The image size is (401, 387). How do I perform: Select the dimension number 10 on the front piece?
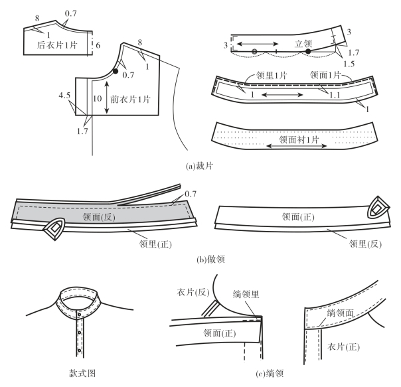pos(98,98)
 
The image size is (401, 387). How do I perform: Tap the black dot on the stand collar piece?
pos(308,50)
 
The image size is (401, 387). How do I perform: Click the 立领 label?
pos(303,42)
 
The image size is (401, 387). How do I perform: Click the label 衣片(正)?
pos(345,347)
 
